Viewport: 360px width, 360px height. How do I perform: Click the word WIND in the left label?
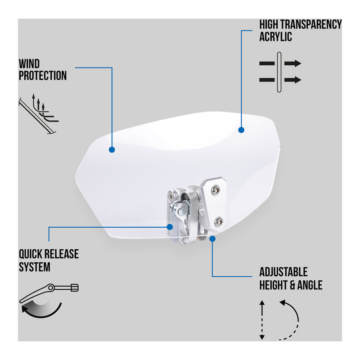tap(29, 64)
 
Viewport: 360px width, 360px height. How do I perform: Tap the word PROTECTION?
tap(43, 76)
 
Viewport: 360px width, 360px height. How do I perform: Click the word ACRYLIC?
tap(275, 36)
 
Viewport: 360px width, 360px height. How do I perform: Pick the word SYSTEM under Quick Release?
tap(34, 267)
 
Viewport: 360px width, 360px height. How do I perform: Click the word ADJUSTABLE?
tap(283, 272)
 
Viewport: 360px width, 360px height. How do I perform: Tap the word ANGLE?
tap(310, 285)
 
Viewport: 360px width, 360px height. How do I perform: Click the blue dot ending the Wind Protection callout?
tap(112, 149)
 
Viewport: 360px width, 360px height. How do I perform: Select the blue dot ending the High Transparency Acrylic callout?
tap(241, 130)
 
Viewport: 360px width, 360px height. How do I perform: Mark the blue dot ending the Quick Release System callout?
tap(170, 227)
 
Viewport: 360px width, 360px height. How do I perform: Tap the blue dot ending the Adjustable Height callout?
tap(212, 238)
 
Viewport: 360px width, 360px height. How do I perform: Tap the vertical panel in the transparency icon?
tap(279, 72)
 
